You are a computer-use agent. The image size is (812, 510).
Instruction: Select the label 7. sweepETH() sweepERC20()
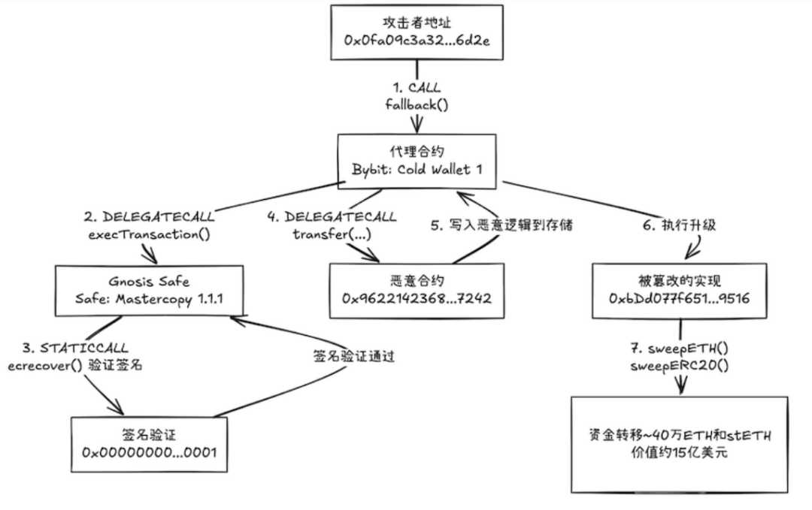[682, 360]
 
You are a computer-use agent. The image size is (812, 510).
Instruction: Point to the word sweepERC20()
[682, 369]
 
